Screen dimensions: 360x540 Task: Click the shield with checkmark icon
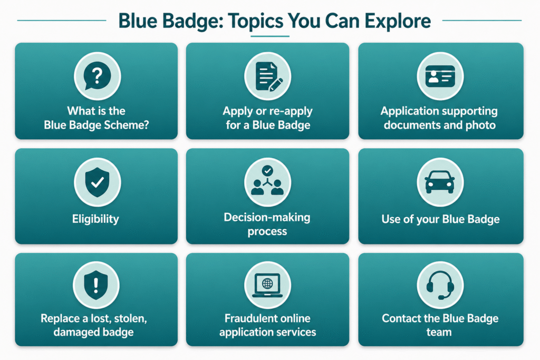[x=97, y=182]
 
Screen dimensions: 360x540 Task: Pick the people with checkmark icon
[x=268, y=182]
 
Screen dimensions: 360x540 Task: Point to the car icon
[x=440, y=182]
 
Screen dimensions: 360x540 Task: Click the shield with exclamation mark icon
[x=97, y=286]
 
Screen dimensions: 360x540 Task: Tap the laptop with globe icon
[x=268, y=286]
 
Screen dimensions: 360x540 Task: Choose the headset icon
[x=440, y=286]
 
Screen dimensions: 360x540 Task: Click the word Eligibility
[x=96, y=219]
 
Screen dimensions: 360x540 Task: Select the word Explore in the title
[x=397, y=21]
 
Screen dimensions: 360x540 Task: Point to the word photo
[x=481, y=125]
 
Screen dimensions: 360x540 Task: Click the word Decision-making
[x=267, y=217]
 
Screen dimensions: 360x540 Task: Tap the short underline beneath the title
[x=269, y=36]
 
